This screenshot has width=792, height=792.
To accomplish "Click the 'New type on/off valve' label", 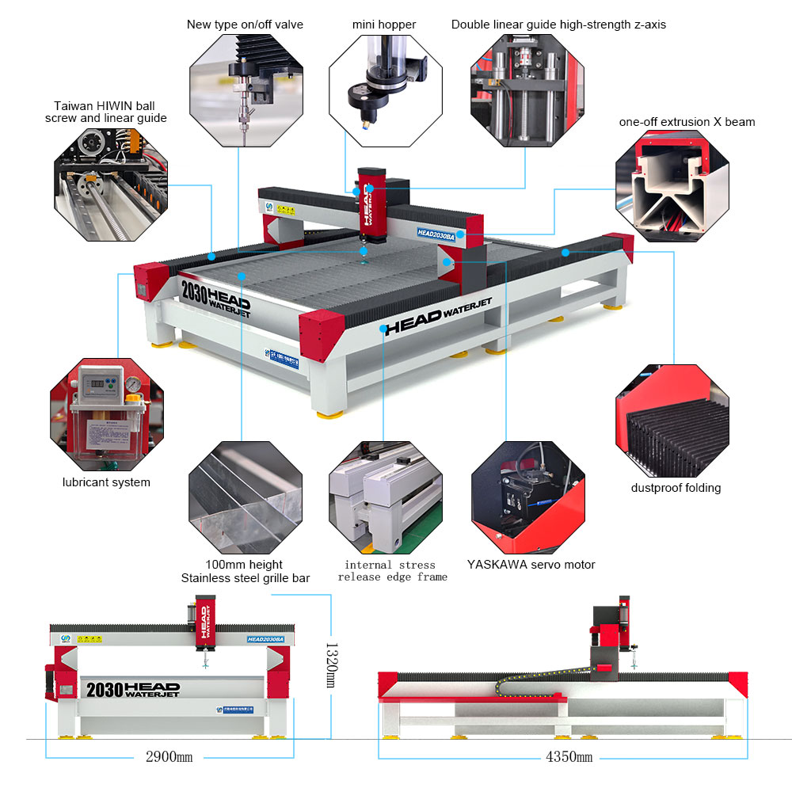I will (x=245, y=25).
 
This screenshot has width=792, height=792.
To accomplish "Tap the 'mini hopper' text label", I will (x=384, y=25).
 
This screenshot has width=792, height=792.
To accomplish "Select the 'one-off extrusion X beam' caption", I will (x=687, y=122).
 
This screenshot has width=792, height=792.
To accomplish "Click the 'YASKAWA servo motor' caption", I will (x=531, y=565).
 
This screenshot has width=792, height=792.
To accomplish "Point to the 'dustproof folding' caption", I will (x=676, y=488).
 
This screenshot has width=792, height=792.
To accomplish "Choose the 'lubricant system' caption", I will (x=106, y=482).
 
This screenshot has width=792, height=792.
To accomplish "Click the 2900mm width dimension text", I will (x=169, y=756).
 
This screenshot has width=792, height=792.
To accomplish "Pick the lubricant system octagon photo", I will (x=106, y=415).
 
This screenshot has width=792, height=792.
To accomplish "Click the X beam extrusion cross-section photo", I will (x=672, y=184).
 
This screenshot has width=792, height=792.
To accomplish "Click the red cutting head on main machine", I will (x=371, y=202).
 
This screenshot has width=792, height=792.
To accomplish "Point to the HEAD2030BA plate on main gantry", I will (x=436, y=234).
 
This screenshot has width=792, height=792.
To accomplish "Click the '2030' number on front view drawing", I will (x=102, y=689).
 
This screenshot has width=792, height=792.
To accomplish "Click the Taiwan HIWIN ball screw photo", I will (x=110, y=183).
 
